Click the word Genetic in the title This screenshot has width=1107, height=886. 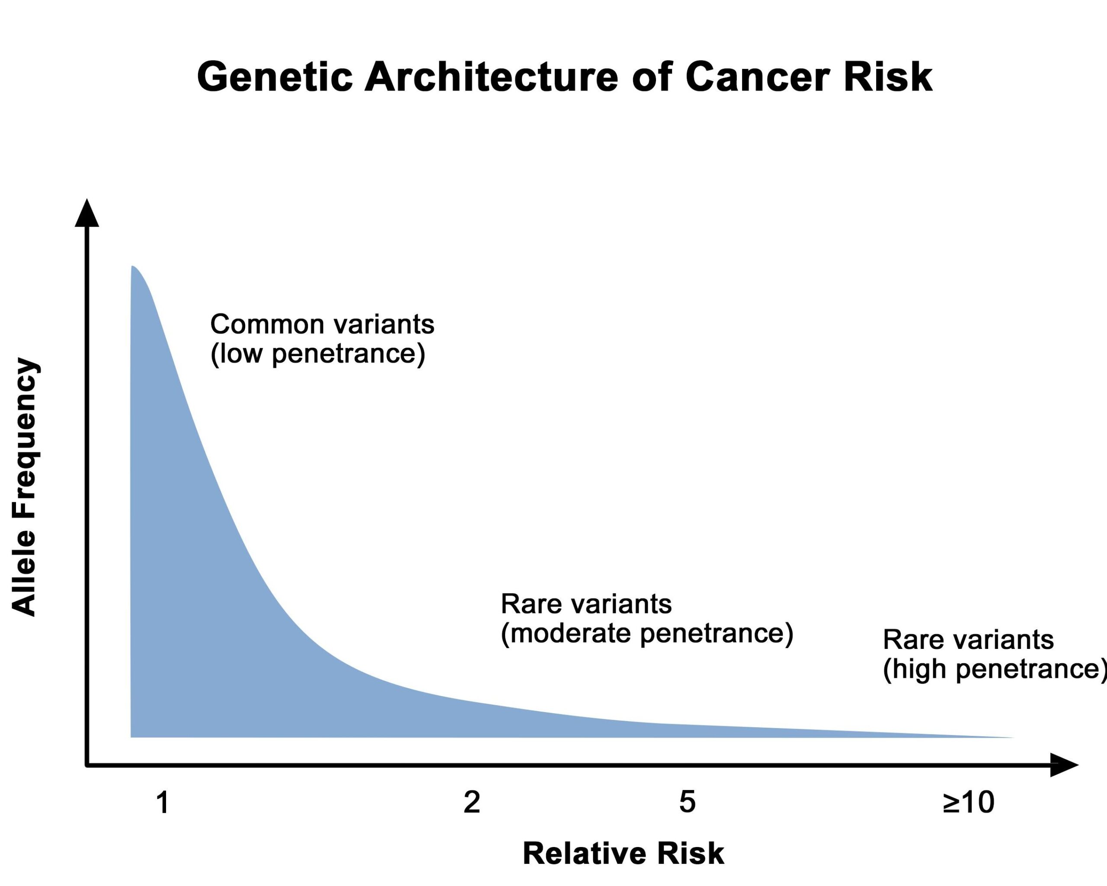coord(275,77)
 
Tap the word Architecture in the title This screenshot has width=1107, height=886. coord(491,77)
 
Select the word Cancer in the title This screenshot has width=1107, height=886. coord(757,77)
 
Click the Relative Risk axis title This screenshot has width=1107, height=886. coord(623,854)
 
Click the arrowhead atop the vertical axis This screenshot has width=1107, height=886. coord(87,213)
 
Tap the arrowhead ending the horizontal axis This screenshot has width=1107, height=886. coord(1064,765)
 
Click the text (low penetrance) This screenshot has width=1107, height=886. coord(318,354)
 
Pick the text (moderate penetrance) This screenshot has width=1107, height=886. coord(647,633)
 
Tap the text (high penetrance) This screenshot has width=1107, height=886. coord(995,669)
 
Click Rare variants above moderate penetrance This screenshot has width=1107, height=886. coord(586,604)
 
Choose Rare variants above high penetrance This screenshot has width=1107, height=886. coord(968,640)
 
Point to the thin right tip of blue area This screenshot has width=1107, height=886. coord(1013,738)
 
